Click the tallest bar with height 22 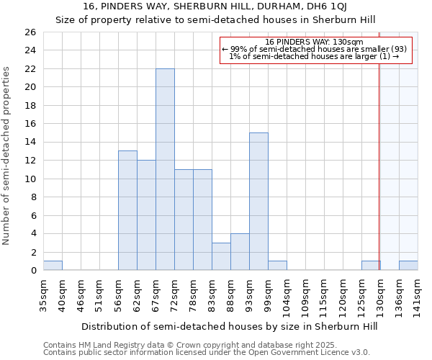(x=165, y=169)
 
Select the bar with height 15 (x=258, y=202)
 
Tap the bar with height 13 (x=127, y=210)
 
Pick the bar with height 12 (x=146, y=215)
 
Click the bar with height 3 (x=221, y=256)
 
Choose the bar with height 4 (x=240, y=252)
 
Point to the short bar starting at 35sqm (x=53, y=266)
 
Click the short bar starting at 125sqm (x=371, y=266)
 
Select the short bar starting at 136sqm (x=408, y=266)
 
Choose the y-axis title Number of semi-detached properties (x=7, y=155)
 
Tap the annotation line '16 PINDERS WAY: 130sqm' (x=314, y=42)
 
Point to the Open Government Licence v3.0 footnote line (x=207, y=352)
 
